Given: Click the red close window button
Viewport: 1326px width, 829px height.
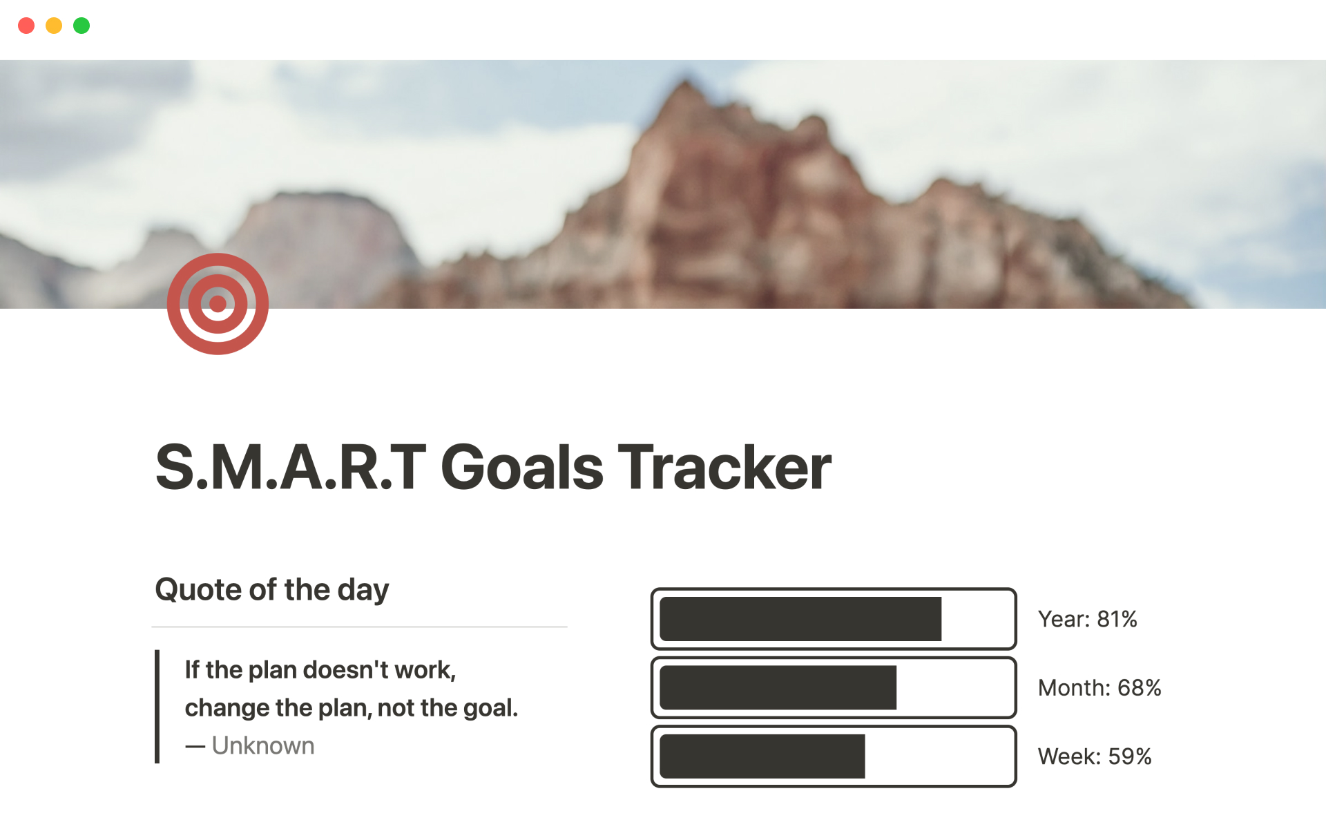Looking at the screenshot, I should point(26,26).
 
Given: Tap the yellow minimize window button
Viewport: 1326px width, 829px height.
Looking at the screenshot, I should point(54,26).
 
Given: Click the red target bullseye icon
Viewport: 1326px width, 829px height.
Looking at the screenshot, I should point(218,304).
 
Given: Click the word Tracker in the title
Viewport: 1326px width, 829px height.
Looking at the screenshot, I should point(724,468).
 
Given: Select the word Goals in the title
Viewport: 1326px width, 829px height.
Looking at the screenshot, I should point(522,468).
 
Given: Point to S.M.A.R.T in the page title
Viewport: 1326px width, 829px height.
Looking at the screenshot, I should point(291,468).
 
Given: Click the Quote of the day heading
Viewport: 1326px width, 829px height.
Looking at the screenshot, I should point(272,590).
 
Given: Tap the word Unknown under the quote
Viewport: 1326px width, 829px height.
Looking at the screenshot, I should point(263,746).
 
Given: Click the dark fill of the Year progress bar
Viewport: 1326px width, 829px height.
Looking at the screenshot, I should point(800,619).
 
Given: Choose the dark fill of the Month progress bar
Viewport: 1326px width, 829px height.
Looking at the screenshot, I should point(778,687).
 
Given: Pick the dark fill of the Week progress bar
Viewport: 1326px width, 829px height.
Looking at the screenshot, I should point(762,756).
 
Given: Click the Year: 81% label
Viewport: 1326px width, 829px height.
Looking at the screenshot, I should point(1087,619).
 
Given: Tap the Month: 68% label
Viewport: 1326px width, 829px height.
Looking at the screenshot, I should point(1099,687).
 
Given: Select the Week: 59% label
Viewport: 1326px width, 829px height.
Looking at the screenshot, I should point(1095,756).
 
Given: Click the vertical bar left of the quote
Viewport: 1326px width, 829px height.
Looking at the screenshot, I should point(157,707).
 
